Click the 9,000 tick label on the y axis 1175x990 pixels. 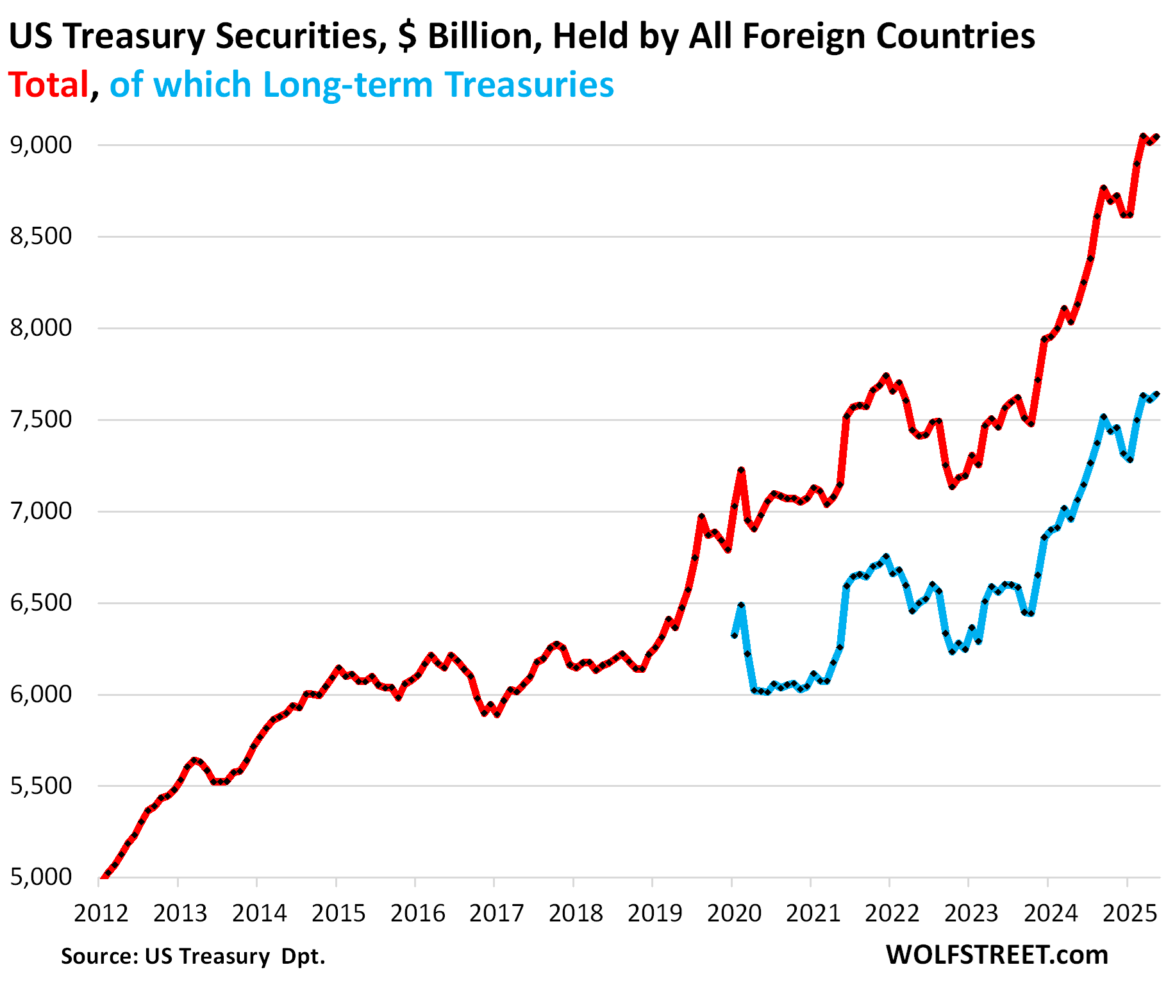tap(41, 145)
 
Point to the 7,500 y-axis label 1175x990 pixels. tap(41, 420)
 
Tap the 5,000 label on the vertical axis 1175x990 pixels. tap(41, 877)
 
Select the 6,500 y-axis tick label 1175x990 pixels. tap(41, 603)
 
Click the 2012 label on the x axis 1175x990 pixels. tap(101, 912)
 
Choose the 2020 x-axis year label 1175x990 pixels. tap(734, 912)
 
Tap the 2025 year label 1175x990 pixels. tap(1129, 912)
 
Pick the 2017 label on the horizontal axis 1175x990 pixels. tap(497, 912)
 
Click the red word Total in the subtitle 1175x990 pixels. tap(49, 85)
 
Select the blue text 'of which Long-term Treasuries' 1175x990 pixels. tap(362, 85)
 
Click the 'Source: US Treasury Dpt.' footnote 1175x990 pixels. tap(193, 956)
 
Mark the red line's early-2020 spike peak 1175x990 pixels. tap(741, 470)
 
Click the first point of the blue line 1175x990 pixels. tap(734, 634)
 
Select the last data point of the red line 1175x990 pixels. tap(1156, 137)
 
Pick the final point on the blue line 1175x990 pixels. tap(1156, 394)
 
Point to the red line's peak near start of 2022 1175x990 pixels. tap(886, 376)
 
